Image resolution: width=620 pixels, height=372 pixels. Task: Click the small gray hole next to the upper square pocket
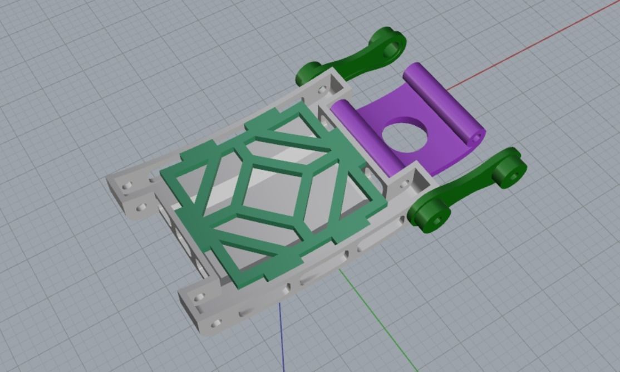[321, 89]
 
